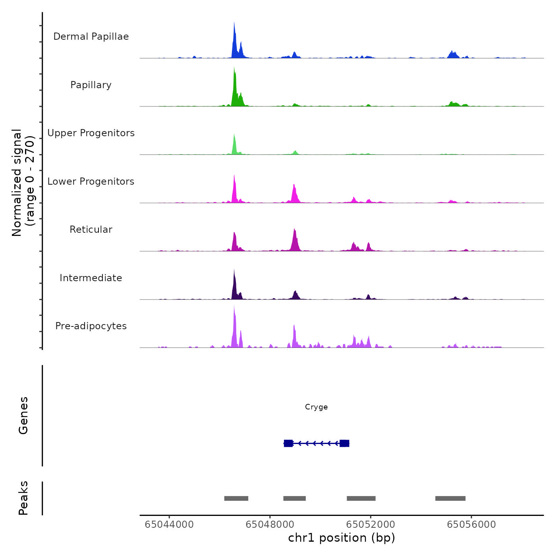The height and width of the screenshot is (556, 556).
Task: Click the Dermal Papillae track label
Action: (91, 37)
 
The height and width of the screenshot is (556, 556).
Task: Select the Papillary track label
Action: (91, 85)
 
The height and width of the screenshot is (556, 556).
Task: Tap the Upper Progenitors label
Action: (91, 133)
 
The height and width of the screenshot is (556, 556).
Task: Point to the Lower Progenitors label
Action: (91, 181)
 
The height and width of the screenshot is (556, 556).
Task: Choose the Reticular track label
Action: (91, 230)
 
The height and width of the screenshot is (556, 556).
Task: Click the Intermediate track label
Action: (91, 278)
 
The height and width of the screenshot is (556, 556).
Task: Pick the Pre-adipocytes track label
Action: (91, 326)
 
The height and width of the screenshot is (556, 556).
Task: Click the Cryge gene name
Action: (316, 407)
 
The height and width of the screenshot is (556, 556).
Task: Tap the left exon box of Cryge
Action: (288, 443)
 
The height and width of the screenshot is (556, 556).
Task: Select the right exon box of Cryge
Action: (344, 443)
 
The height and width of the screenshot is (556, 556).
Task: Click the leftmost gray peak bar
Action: (236, 498)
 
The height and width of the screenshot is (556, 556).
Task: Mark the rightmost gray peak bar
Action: (450, 498)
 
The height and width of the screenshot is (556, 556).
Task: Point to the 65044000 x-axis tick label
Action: (169, 525)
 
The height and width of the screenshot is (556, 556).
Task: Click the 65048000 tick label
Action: (270, 525)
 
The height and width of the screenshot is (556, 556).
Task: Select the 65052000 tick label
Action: (371, 525)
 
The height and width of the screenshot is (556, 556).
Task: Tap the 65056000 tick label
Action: (471, 525)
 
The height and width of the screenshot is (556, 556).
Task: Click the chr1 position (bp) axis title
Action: (342, 538)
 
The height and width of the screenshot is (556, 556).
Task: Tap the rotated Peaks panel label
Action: (23, 498)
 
